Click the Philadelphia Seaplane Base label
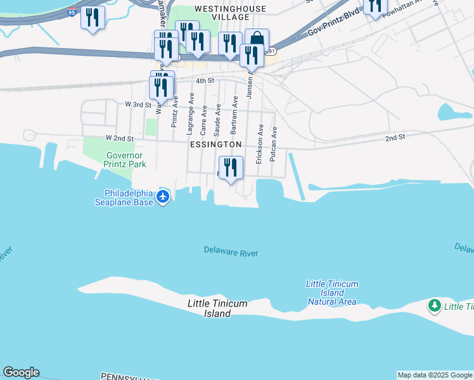click(124, 198)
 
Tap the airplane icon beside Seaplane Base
click(163, 197)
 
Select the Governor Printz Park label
click(125, 160)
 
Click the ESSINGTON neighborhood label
click(215, 144)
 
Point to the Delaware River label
click(231, 251)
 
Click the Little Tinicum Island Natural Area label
click(332, 293)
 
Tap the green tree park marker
click(435, 307)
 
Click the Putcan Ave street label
click(274, 144)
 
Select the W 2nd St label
click(120, 138)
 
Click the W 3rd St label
click(138, 104)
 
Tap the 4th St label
click(205, 81)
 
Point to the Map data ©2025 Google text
click(435, 375)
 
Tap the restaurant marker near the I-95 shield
click(93, 18)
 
